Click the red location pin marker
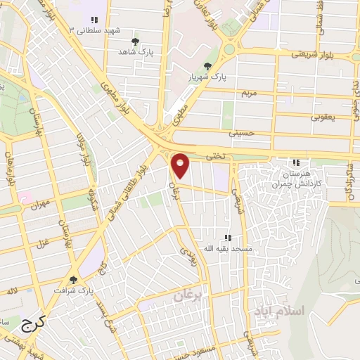pos(181,165)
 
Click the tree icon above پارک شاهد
pos(135,41)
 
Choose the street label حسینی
pos(239,131)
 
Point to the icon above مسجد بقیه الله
pos(227,238)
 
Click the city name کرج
pos(32,324)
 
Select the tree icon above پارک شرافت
pos(73,279)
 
